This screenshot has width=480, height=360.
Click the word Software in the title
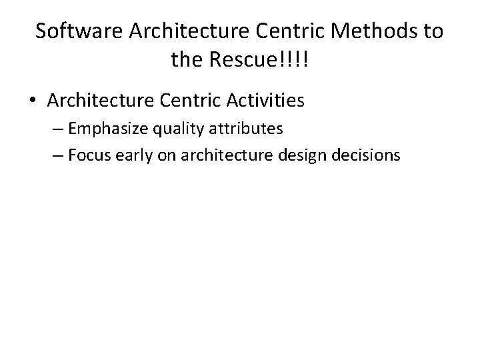[71, 31]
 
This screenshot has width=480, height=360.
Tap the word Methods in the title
[373, 31]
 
